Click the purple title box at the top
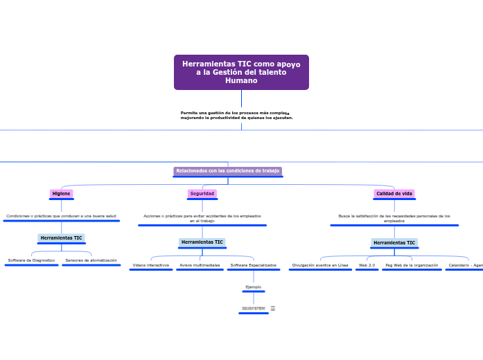[x=241, y=72]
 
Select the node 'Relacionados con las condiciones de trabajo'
[x=227, y=171]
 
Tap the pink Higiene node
[x=61, y=194]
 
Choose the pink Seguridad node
[x=202, y=194]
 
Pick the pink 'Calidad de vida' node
[x=394, y=194]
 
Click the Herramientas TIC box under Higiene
[x=61, y=238]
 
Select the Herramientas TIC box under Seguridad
[x=202, y=242]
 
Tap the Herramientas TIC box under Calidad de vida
[x=394, y=243]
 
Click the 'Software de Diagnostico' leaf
[x=31, y=260]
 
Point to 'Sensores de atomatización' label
[x=91, y=260]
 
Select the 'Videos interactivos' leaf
[x=150, y=265]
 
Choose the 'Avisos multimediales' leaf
[x=200, y=265]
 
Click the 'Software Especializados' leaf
[x=253, y=265]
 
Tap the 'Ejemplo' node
[x=253, y=287]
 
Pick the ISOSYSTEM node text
[x=253, y=309]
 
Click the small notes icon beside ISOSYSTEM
[x=273, y=309]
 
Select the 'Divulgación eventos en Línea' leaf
[x=320, y=265]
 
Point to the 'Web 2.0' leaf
[x=367, y=265]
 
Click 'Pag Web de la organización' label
[x=412, y=265]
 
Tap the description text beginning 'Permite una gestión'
[x=236, y=115]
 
